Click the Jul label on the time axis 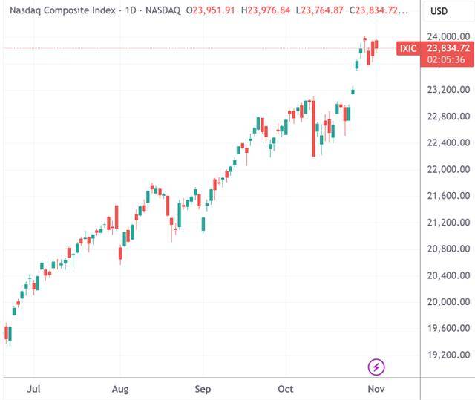point(32,388)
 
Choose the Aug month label point(121,388)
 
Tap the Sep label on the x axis point(203,388)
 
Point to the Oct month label point(286,388)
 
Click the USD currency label point(439,12)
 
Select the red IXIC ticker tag point(408,49)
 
